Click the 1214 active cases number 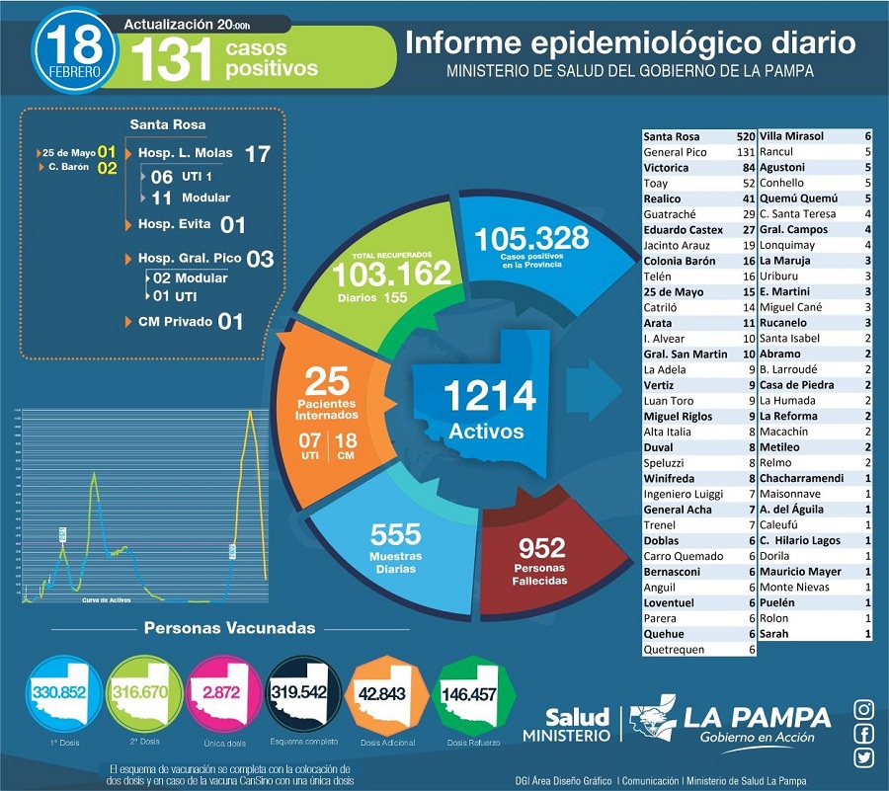tap(489, 395)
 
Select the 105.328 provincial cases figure tap(530, 239)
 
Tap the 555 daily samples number tap(395, 535)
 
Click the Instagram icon tap(864, 709)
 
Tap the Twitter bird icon tap(864, 757)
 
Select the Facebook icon tap(864, 733)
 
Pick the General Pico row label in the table tap(677, 152)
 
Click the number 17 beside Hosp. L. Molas tap(257, 154)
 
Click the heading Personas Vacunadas tap(230, 628)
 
